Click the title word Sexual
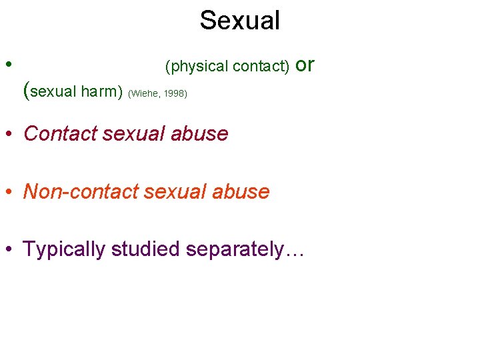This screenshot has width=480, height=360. [x=239, y=21]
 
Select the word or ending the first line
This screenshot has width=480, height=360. [x=304, y=65]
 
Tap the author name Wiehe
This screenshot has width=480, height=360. [x=143, y=93]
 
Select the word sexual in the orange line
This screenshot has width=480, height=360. [x=175, y=192]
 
